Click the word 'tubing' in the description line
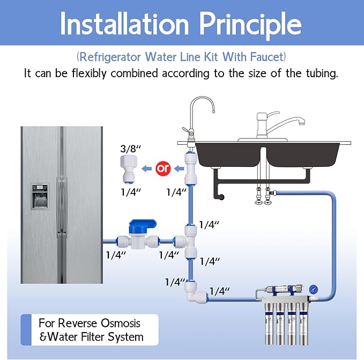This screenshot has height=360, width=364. [x=320, y=74]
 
